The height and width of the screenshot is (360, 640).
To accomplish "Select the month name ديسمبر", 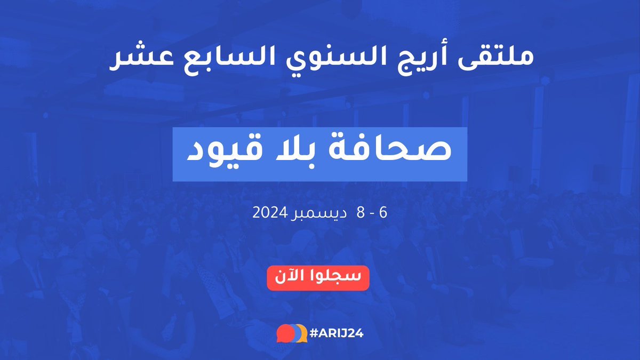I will point(318,213).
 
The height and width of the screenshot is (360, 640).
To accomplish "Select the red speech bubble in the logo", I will point(284,333).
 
